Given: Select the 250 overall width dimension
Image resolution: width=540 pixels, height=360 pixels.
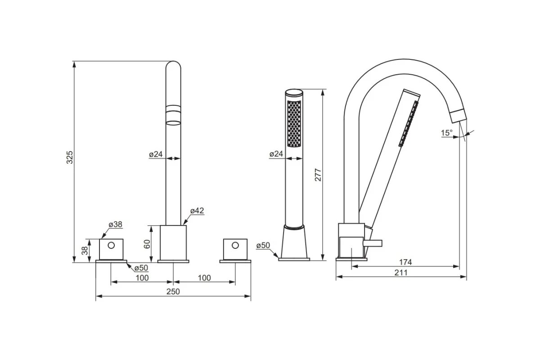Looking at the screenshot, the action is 173,292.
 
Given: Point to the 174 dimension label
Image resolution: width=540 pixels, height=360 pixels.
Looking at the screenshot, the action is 405,262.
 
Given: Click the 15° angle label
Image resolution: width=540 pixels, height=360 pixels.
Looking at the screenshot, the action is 446,133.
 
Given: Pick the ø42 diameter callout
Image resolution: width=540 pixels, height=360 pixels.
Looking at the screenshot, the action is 197,211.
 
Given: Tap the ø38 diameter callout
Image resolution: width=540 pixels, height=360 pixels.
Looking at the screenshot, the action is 115,224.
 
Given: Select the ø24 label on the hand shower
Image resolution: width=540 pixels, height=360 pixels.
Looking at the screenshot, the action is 276,154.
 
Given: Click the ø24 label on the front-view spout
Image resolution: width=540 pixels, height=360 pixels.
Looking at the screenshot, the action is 156,154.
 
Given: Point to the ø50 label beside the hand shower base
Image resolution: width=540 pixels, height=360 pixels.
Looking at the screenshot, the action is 263,245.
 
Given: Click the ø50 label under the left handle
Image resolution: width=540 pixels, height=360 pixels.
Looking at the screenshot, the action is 141,268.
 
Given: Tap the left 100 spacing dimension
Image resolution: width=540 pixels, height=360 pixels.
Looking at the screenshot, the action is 142,278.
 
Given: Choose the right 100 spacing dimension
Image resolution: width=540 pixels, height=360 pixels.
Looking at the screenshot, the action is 204,278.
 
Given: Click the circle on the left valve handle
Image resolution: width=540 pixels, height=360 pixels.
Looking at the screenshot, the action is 111,245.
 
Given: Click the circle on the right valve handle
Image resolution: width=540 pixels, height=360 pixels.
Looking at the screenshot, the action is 234,245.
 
